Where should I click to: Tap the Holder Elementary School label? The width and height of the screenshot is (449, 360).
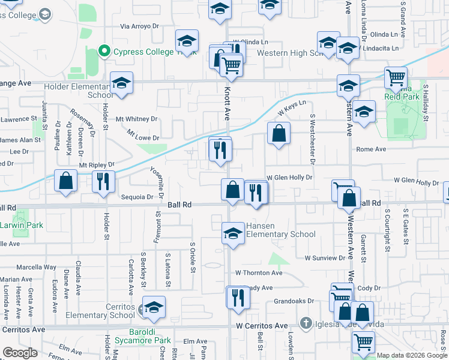[x=78, y=91]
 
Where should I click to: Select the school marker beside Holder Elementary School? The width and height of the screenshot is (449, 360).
[x=121, y=84]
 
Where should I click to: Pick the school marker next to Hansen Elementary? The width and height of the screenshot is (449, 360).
[x=233, y=234]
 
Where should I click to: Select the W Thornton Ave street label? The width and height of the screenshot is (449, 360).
[x=259, y=272]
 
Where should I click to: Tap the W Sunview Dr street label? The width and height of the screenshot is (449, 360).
[x=325, y=258]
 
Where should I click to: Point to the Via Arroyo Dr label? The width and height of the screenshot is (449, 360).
[x=139, y=26]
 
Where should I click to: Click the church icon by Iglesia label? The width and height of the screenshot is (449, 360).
[x=307, y=323]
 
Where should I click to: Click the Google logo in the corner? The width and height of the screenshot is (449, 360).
[x=20, y=353]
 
